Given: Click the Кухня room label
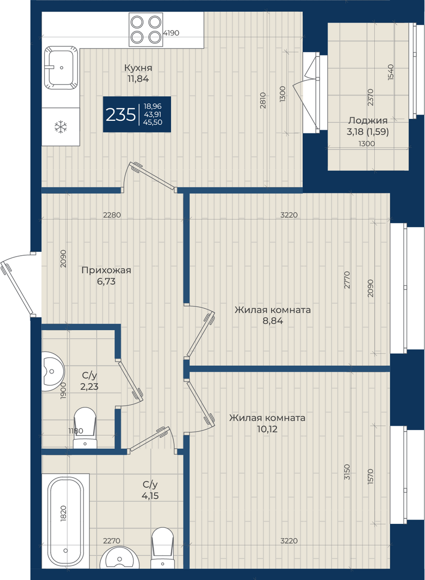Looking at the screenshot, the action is click(138, 68).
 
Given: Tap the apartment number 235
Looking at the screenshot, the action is click(121, 115).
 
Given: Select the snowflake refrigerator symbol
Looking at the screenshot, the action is click(60, 127).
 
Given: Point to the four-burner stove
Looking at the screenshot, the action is click(146, 29).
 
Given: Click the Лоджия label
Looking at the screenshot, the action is click(368, 120).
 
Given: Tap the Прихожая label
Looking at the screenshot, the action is click(106, 270).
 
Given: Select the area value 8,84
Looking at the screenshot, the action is click(273, 321).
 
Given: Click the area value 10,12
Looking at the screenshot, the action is click(267, 429).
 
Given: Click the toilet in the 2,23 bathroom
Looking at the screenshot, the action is click(85, 431).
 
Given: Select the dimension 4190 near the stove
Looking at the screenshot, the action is click(171, 33).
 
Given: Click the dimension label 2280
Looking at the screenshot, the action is click(112, 215).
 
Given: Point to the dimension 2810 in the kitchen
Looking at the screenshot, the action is click(263, 101).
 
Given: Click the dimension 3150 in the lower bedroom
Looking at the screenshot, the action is click(347, 472).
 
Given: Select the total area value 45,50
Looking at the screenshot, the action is click(153, 122).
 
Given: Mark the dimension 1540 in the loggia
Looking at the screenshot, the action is click(390, 72).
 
